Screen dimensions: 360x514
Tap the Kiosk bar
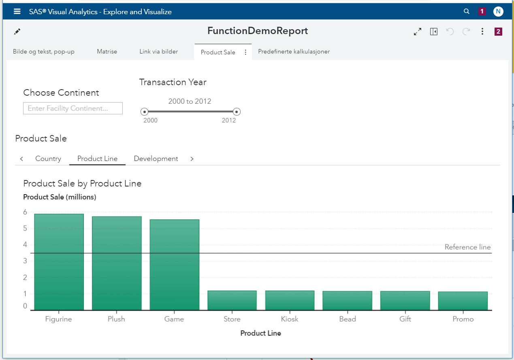tap(290, 300)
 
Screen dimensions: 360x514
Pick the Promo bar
tap(463, 301)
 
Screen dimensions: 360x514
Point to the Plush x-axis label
tap(116, 319)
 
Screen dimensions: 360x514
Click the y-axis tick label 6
tap(25, 212)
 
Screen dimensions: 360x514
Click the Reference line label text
tap(467, 247)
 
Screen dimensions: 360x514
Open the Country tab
tap(48, 159)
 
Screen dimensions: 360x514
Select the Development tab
tap(156, 159)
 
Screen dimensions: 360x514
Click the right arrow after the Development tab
tap(192, 159)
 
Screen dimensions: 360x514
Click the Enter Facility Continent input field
tap(73, 108)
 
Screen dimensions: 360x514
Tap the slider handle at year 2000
tap(144, 111)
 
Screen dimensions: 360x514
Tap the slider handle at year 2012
tap(237, 111)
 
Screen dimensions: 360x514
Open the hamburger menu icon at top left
tap(17, 11)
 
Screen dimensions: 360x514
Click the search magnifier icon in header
tap(467, 11)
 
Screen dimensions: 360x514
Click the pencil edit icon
tap(17, 32)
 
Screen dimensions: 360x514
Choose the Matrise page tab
tap(107, 51)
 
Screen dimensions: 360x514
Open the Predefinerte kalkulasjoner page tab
tap(294, 51)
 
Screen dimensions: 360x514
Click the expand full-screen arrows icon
tap(418, 32)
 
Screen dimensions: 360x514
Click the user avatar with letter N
tap(498, 11)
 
